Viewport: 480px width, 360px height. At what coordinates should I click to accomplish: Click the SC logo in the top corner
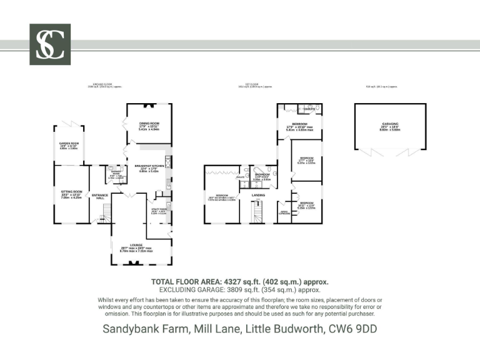pyautogui.click(x=50, y=44)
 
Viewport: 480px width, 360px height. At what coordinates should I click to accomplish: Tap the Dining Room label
pyautogui.click(x=149, y=123)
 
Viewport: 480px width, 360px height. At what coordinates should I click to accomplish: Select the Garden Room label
pyautogui.click(x=69, y=144)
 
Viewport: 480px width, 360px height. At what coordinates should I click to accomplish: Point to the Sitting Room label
pyautogui.click(x=71, y=191)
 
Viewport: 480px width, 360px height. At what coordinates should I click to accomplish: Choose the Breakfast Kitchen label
pyautogui.click(x=149, y=166)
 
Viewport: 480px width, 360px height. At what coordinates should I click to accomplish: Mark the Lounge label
pyautogui.click(x=136, y=244)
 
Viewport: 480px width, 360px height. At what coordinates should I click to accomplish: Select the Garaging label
pyautogui.click(x=391, y=124)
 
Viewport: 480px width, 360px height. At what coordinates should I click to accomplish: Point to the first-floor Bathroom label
pyautogui.click(x=262, y=174)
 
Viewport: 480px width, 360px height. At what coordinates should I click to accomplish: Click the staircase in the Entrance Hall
pyautogui.click(x=105, y=218)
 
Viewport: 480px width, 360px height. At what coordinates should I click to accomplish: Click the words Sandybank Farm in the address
pyautogui.click(x=144, y=328)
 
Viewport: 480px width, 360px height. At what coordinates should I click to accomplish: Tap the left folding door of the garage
pyautogui.click(x=372, y=152)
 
